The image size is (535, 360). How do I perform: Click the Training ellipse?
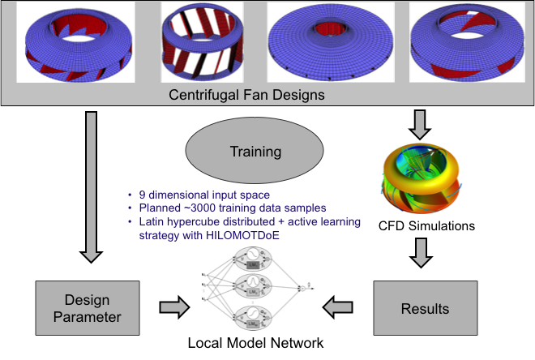(256, 151)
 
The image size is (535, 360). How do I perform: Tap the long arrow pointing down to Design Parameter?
(91, 186)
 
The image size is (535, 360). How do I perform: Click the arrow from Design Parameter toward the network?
(174, 307)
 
